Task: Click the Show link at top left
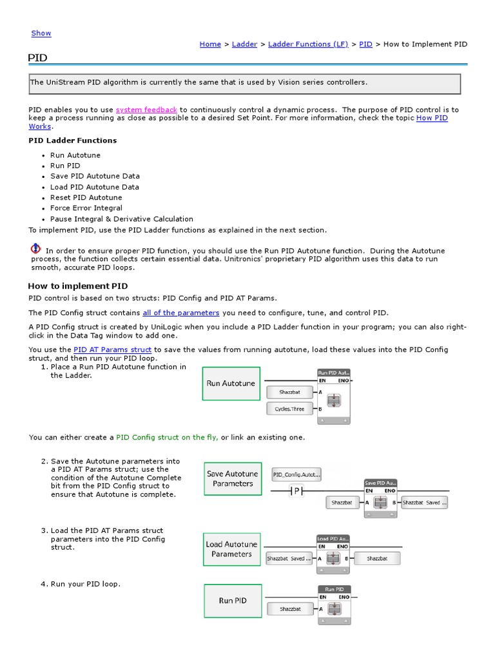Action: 41,33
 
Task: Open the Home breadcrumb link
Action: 210,44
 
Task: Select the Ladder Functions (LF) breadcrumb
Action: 307,44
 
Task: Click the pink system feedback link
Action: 146,110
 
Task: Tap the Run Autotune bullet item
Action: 75,155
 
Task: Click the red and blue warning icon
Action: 35,249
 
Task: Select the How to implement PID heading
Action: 77,286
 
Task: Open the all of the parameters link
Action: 180,313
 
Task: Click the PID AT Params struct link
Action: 113,349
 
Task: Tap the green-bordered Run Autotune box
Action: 231,383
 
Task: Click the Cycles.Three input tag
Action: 289,409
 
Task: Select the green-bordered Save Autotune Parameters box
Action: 233,478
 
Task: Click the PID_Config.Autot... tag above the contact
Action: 296,474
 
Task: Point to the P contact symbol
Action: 296,491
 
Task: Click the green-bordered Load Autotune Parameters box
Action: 231,549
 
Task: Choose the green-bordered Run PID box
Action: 232,601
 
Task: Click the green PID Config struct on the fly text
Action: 166,437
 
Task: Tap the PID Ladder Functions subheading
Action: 73,140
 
